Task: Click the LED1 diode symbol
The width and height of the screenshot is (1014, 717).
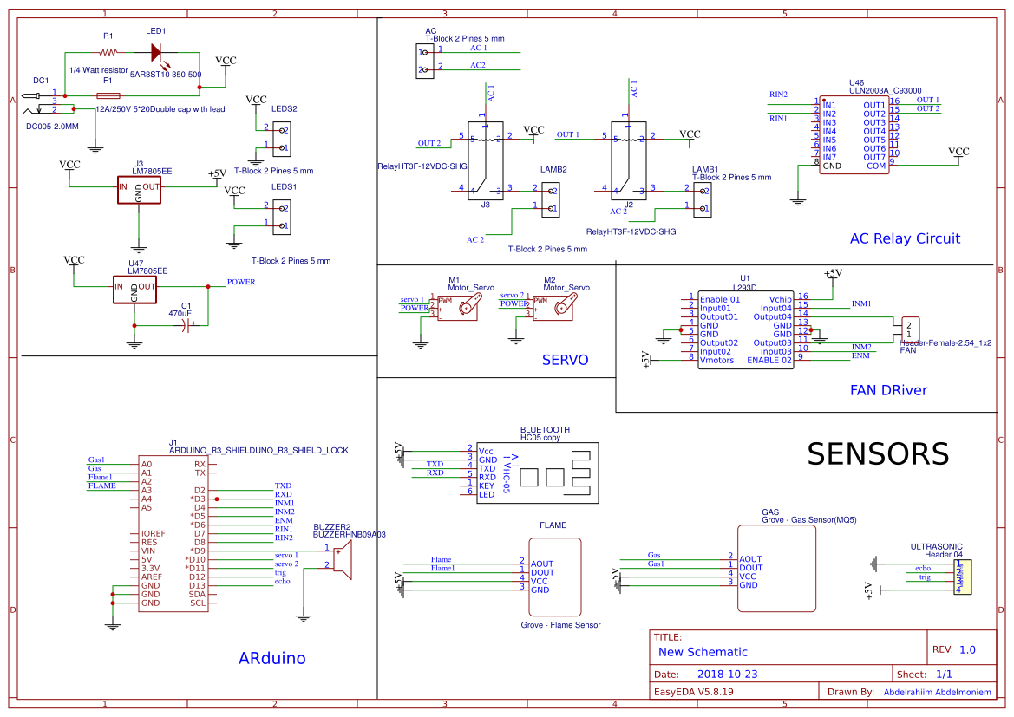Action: pos(157,52)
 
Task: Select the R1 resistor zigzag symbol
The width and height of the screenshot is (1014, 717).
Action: pos(108,52)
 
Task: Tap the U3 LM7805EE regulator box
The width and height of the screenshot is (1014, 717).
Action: pos(140,191)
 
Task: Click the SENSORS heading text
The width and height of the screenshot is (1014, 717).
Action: pos(877,453)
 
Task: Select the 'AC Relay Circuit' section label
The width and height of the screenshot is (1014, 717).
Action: pos(905,238)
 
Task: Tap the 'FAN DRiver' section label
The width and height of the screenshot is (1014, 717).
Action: pos(888,390)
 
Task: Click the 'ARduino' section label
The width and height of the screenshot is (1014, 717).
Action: pos(271,658)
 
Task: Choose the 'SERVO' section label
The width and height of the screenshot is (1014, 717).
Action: pos(565,360)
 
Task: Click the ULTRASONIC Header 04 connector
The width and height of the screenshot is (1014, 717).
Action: pos(962,577)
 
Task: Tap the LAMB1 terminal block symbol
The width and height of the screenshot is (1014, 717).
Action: pos(703,200)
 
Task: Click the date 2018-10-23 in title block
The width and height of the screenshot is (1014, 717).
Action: pos(728,674)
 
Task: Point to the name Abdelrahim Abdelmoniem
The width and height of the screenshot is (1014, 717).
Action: pos(937,692)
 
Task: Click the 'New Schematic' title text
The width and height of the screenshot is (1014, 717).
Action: pos(703,652)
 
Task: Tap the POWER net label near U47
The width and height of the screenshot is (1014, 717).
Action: pos(241,282)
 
